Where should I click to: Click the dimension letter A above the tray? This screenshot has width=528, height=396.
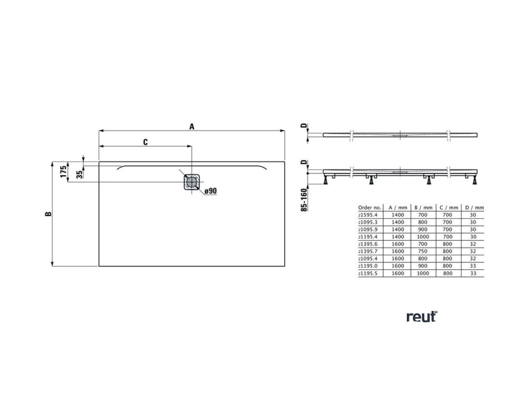tap(192, 126)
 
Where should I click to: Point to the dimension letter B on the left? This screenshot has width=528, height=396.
tap(47, 214)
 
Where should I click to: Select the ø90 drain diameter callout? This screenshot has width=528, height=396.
tap(210, 191)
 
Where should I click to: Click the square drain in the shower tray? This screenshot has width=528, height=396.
tap(191, 181)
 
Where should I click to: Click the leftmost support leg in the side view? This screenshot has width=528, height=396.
tap(327, 180)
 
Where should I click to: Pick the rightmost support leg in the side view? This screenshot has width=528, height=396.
tap(473, 180)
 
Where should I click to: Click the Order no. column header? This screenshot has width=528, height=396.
tap(369, 207)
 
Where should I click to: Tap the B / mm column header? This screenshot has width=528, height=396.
tap(423, 207)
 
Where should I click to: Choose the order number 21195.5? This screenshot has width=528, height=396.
tap(368, 273)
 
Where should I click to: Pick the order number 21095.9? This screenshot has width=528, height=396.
tap(368, 228)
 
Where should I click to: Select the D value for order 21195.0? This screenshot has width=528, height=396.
tap(472, 266)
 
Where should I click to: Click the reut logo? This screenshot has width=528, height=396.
tap(421, 317)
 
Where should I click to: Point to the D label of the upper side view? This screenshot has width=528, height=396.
tap(304, 126)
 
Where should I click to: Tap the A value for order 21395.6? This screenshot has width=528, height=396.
tap(397, 243)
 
